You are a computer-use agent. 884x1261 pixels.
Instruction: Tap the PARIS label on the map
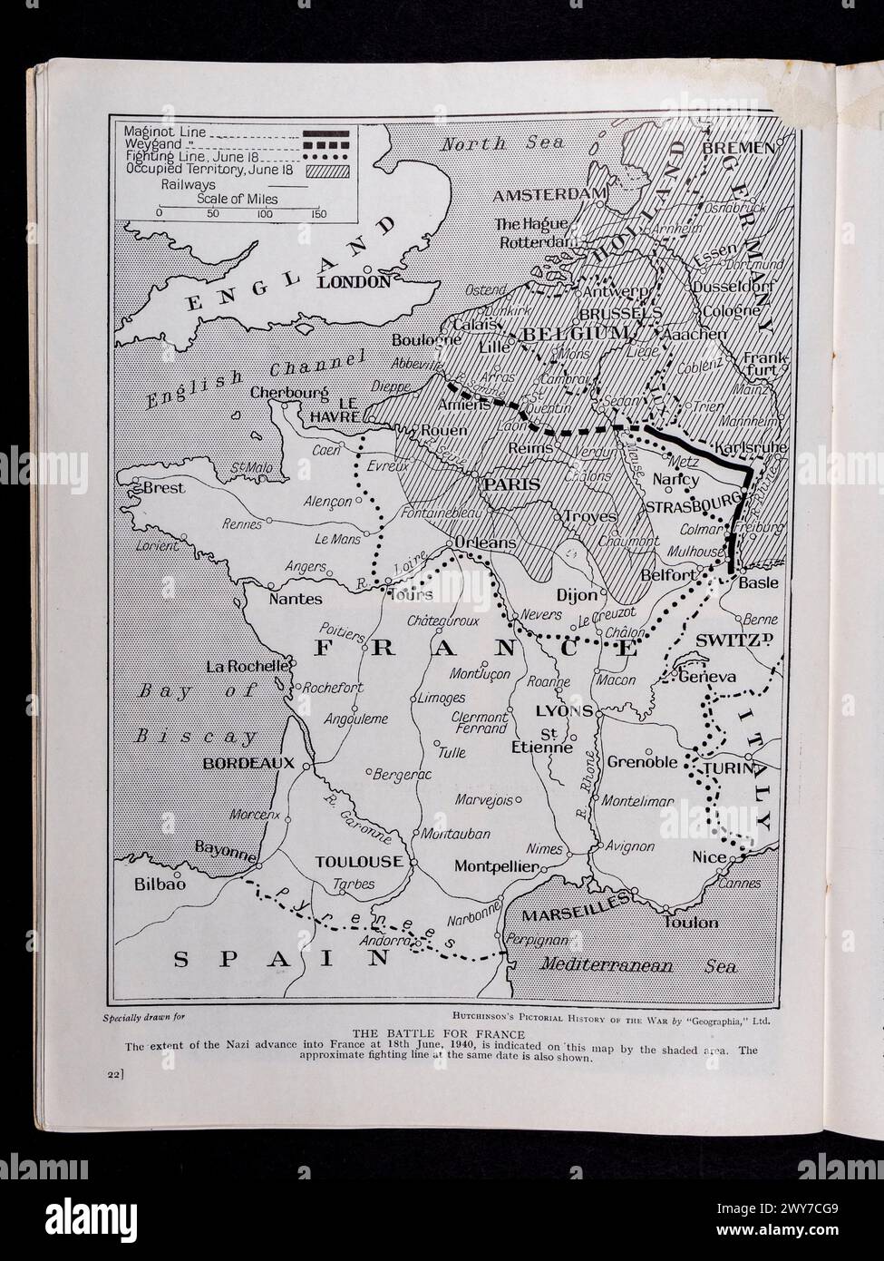(512, 484)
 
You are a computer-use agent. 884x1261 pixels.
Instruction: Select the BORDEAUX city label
(248, 763)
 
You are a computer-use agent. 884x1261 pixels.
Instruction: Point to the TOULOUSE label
(358, 862)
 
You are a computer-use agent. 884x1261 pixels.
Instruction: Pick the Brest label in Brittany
(164, 488)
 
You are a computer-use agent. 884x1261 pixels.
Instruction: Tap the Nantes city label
(296, 599)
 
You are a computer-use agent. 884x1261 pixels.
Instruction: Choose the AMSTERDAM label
(549, 195)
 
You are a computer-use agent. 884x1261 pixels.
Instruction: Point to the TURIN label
(729, 768)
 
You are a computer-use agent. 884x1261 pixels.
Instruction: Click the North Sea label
(501, 142)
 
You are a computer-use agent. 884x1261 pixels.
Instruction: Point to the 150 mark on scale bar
(318, 214)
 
